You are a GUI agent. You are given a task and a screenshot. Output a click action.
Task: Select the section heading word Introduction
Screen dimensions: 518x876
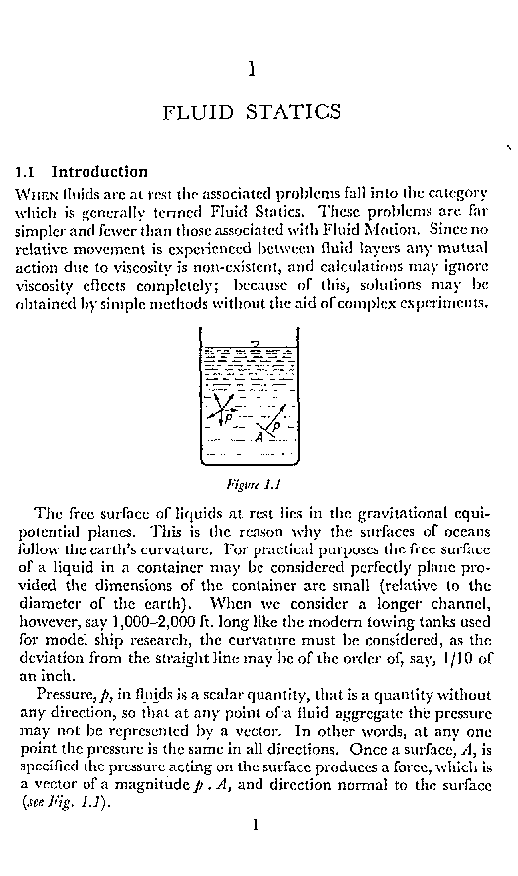tap(99, 171)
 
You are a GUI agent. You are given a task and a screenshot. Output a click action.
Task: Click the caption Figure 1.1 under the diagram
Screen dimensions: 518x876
tap(257, 487)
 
